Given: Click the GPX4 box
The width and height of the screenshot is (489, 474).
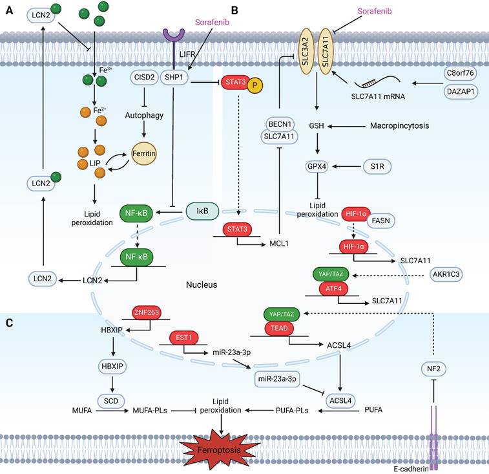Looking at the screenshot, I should [318, 166].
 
